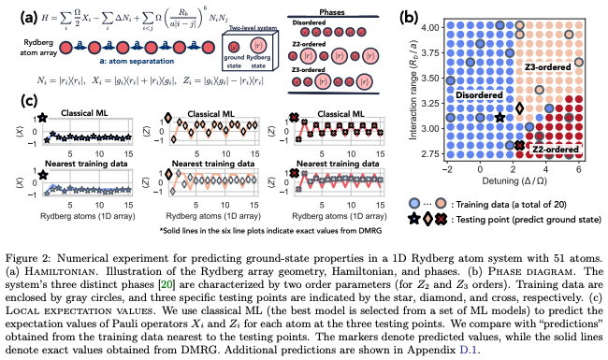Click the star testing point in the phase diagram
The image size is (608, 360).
[x=499, y=117]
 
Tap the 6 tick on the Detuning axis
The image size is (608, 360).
[x=581, y=170]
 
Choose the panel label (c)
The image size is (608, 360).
[x=18, y=104]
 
